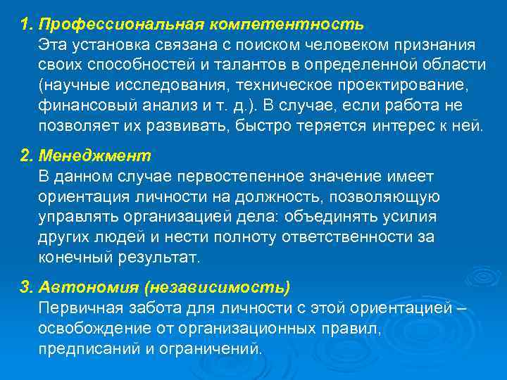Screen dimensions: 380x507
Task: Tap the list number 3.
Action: click(x=27, y=289)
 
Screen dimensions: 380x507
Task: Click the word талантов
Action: click(x=230, y=65)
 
